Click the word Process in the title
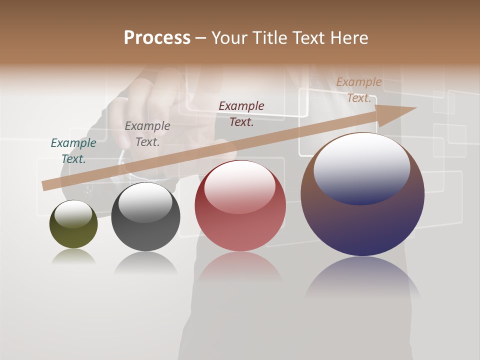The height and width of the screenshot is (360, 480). tap(157, 38)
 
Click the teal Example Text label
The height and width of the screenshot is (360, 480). tap(73, 151)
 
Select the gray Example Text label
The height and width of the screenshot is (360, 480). tap(147, 134)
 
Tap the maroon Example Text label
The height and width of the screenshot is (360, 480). tap(241, 114)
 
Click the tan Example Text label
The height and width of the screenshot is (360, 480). tap(359, 90)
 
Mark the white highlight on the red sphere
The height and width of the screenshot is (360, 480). tap(240, 187)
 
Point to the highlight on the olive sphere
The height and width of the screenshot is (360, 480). tap(73, 214)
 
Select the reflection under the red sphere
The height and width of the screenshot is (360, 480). tap(240, 267)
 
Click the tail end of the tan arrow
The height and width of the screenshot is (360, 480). tap(46, 186)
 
